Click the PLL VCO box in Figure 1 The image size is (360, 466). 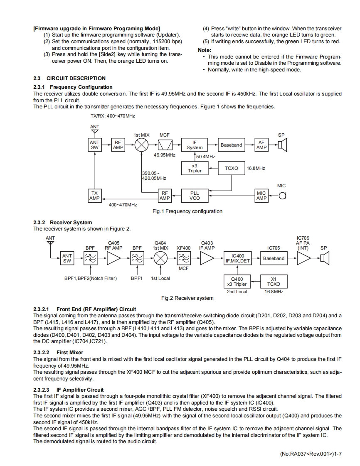point(195,196)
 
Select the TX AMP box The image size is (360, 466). point(95,196)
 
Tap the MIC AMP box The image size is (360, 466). point(261,196)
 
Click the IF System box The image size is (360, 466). point(195,145)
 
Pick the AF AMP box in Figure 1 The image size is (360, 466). point(261,145)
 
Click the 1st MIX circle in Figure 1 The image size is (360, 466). point(142,145)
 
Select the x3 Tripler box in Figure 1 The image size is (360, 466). point(195,168)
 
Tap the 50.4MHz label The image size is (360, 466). point(205,157)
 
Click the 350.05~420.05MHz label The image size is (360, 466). point(154,176)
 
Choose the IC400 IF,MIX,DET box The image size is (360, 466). point(237,258)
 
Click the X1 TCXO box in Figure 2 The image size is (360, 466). point(273,282)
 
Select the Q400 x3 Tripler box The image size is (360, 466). point(237,282)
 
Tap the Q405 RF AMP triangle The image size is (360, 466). point(113,258)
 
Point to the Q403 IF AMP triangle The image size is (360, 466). point(207,258)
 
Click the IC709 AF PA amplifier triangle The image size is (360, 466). point(303,258)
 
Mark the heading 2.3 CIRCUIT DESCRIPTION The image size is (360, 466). point(69,78)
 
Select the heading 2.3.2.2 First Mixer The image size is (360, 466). point(58,352)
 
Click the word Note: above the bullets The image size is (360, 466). point(205,50)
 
